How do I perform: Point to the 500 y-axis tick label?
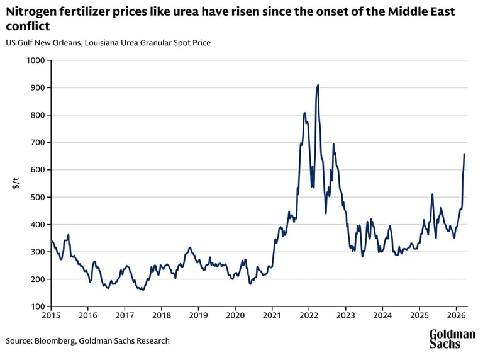point(40,197)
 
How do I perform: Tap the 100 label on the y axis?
point(40,307)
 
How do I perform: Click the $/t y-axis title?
point(16,183)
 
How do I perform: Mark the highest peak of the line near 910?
point(318,85)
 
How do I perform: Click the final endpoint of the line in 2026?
point(464,154)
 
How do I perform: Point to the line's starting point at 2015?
point(52,240)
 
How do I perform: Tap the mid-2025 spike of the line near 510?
point(433,194)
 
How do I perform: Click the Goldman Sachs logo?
point(452,339)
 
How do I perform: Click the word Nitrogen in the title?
point(31,11)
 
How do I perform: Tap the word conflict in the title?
point(28,26)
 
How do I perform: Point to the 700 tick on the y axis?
point(40,142)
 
